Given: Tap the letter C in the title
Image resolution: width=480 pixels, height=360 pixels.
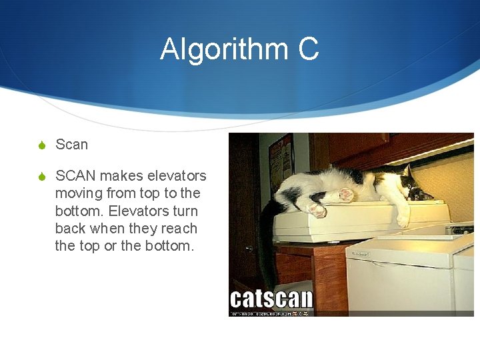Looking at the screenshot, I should pyautogui.click(x=307, y=50).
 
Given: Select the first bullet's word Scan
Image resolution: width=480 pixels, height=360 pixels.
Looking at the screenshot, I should pyautogui.click(x=71, y=145).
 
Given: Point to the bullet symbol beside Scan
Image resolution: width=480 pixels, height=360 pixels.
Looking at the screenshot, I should pyautogui.click(x=41, y=145).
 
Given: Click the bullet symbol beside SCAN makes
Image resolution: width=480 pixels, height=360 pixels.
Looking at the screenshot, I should pyautogui.click(x=41, y=177).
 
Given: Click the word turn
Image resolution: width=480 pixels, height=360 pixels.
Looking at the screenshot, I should pyautogui.click(x=183, y=211).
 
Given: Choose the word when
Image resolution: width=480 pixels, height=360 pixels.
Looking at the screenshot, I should pyautogui.click(x=108, y=228).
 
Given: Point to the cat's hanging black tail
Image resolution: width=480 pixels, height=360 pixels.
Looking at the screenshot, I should pyautogui.click(x=267, y=240).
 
